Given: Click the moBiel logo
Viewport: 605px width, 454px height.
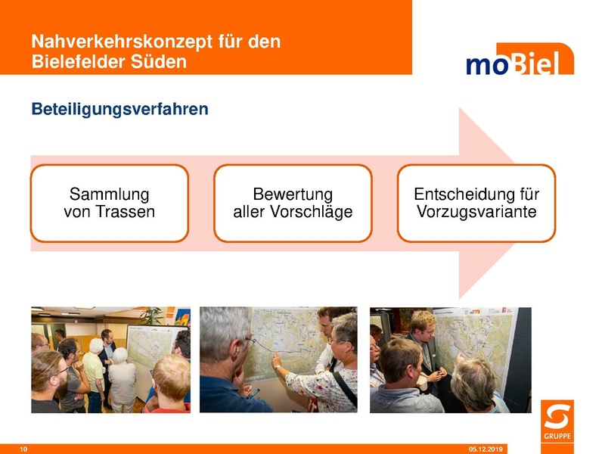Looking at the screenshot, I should point(520,61).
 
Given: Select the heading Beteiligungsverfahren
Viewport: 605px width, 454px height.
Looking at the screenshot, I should point(119,110).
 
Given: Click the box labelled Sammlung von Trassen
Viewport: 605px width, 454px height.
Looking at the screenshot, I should point(109,204).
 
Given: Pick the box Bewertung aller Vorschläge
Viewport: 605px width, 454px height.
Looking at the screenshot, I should point(293,204).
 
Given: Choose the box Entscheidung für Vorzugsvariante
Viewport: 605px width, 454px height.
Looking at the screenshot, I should point(476,204).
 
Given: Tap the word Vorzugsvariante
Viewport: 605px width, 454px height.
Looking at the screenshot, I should point(476,213).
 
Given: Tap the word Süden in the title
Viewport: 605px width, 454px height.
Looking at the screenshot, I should point(161,62).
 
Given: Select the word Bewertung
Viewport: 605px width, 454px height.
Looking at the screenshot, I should point(293,194).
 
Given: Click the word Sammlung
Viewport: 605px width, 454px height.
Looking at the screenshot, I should point(109,194).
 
